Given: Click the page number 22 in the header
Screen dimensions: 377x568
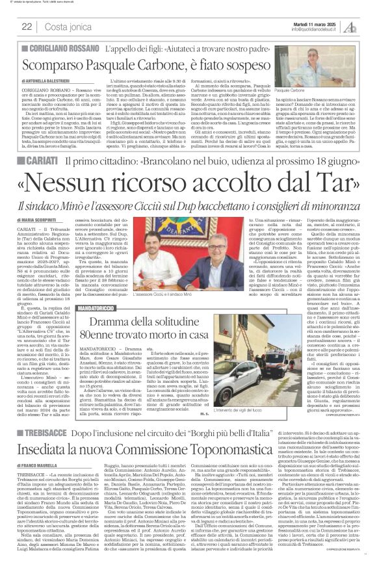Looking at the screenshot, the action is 27,27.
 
